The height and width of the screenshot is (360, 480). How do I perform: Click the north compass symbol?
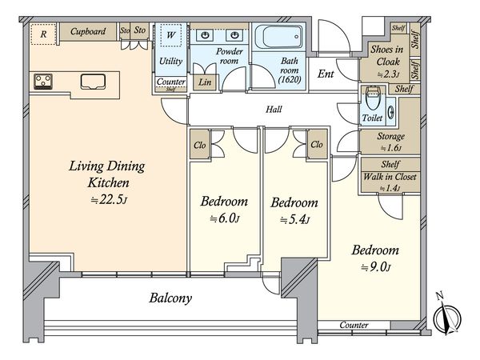tap(446, 315)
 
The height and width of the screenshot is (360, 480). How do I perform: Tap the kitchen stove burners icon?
tap(43, 82)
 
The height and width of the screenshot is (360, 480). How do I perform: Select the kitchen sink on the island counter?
tap(93, 82)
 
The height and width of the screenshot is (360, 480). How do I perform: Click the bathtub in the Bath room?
tap(278, 37)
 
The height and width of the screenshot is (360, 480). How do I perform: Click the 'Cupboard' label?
tap(88, 31)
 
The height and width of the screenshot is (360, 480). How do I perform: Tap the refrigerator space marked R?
tap(43, 34)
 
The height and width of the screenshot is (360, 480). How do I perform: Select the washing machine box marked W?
tap(171, 35)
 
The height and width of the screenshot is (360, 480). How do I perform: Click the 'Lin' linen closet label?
tap(205, 82)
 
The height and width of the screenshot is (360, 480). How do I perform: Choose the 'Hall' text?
tap(274, 110)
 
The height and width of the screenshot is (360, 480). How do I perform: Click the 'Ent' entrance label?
tap(326, 74)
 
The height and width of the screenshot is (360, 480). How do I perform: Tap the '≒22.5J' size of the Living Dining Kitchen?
tap(109, 200)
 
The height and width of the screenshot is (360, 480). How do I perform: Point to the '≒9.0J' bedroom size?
tap(376, 267)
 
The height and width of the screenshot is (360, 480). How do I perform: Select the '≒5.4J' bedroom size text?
tap(294, 219)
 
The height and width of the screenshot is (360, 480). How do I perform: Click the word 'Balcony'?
tap(170, 298)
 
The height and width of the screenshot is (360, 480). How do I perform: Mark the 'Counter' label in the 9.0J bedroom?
tap(354, 325)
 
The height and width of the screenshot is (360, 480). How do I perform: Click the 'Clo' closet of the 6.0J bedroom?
tap(199, 145)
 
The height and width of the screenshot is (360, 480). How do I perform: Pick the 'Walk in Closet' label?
tap(390, 177)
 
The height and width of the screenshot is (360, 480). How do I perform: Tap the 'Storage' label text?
tap(390, 136)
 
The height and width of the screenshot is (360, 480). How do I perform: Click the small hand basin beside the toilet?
tap(391, 112)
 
